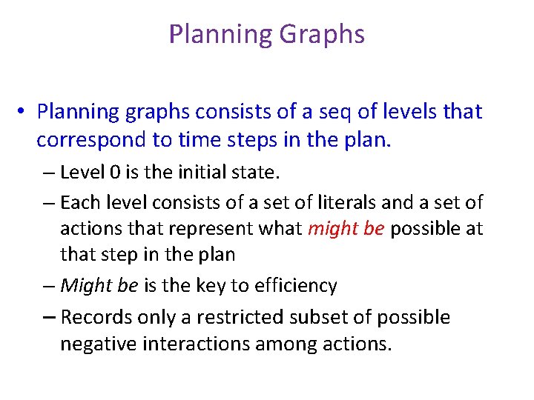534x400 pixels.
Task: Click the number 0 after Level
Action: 113,173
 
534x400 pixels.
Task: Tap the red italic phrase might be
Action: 345,229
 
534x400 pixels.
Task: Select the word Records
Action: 92,317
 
